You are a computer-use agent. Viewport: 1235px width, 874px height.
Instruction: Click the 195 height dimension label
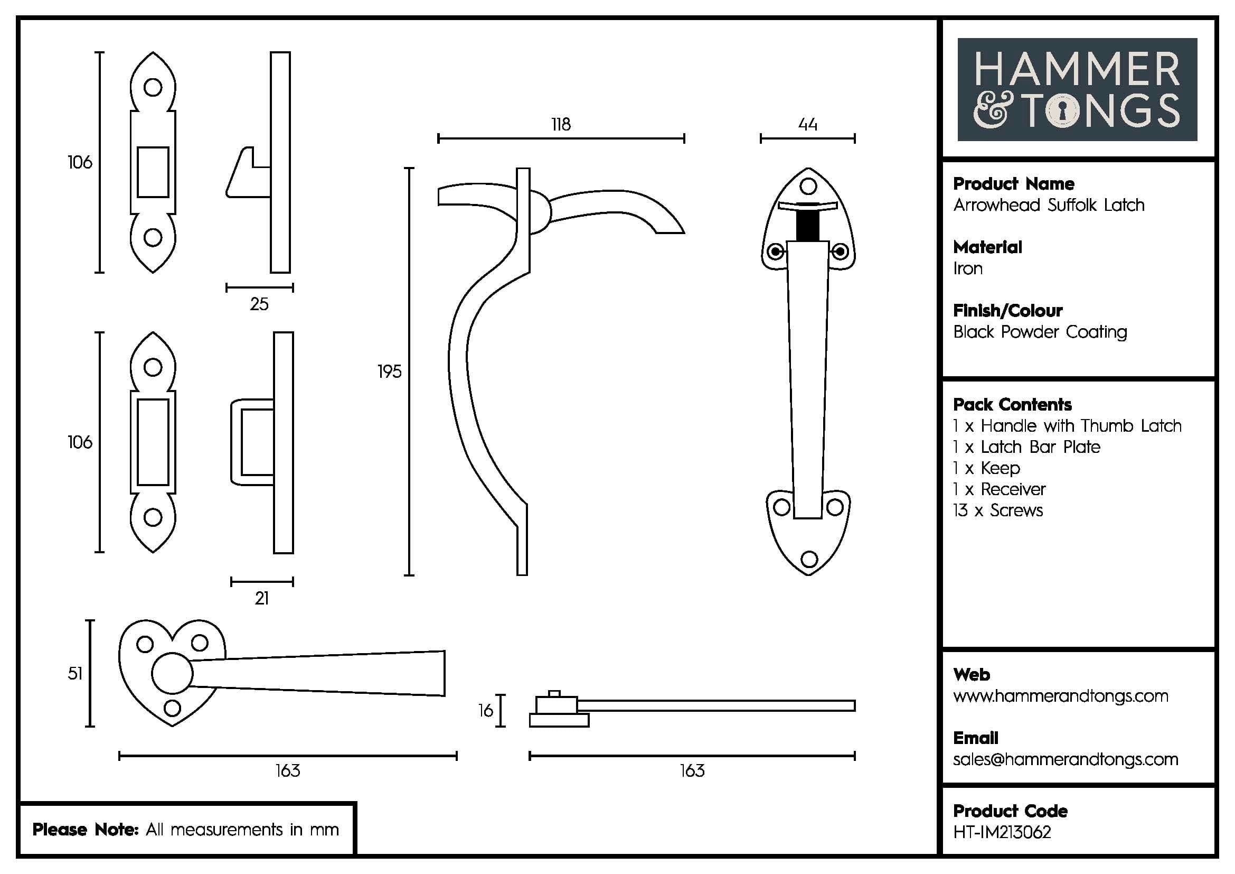pos(390,371)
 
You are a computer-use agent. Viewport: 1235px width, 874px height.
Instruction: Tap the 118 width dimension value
pos(561,125)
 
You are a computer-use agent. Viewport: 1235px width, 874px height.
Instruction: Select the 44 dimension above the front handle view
pos(807,125)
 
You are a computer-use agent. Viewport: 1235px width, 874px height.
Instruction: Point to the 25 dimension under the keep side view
pos(259,304)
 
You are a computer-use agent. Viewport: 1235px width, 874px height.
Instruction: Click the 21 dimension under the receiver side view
pos(262,599)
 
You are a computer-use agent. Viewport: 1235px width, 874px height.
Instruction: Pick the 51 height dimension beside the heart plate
pos(76,673)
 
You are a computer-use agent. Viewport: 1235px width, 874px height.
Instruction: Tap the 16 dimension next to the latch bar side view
pos(486,711)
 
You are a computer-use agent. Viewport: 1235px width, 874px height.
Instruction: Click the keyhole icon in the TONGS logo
pos(1063,111)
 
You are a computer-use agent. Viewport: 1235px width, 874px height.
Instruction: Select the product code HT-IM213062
pos(1002,832)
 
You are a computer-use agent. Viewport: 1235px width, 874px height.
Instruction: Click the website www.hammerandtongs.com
pos(1060,696)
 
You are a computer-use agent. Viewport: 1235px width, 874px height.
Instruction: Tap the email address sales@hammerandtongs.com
pos(1065,759)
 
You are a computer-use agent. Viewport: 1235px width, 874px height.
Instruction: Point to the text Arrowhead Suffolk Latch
pos(1049,205)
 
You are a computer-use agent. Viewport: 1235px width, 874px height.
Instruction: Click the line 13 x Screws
pos(998,510)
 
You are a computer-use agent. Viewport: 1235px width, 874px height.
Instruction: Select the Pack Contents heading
pos(1012,404)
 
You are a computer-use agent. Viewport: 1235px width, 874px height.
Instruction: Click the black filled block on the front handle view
pos(807,226)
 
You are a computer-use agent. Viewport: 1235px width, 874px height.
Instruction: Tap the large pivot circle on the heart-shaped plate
pos(172,673)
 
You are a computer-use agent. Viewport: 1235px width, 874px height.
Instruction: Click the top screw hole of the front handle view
pos(808,186)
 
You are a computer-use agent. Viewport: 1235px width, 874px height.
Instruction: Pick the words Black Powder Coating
pos(1039,332)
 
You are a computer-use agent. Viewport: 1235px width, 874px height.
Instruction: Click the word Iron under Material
pos(968,268)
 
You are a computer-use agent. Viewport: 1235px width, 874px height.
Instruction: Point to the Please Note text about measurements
pos(185,829)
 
